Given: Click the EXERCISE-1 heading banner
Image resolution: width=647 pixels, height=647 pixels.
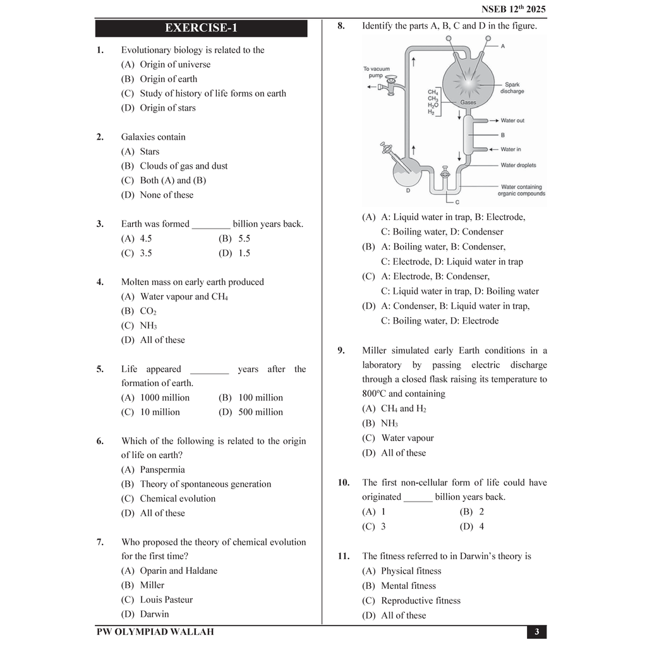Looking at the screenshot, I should tap(201, 28).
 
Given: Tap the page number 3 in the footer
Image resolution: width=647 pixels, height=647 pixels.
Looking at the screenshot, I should tap(536, 632).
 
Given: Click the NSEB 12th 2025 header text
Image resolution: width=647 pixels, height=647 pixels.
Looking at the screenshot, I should tap(513, 9).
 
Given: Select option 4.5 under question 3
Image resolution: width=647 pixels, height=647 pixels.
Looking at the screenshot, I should tap(145, 239).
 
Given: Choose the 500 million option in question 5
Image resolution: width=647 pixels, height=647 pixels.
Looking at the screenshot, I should tap(260, 412).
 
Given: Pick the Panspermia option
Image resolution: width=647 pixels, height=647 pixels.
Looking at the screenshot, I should tap(162, 469).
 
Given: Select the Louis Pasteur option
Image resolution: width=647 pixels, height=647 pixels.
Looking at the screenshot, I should tap(166, 600).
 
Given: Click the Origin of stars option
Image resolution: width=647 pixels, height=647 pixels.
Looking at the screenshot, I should tap(167, 108).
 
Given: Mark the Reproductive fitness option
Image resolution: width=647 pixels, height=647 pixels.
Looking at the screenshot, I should tap(420, 601).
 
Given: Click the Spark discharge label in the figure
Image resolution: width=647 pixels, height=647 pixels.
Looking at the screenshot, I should tap(512, 88).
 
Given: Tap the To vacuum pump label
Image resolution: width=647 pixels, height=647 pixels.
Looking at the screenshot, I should tap(377, 72).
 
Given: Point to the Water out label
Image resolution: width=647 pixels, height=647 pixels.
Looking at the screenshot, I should tap(512, 121).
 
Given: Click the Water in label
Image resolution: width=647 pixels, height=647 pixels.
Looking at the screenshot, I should tap(511, 150).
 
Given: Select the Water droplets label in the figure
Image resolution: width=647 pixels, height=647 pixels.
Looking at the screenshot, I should tap(517, 166).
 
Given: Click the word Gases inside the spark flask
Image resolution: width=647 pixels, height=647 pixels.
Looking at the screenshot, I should tap(468, 102).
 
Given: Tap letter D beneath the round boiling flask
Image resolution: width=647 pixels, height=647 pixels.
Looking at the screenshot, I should tap(408, 190).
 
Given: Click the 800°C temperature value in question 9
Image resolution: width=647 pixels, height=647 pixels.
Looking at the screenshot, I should tap(373, 394).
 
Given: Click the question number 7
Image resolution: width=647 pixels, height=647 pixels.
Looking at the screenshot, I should tap(100, 542).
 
